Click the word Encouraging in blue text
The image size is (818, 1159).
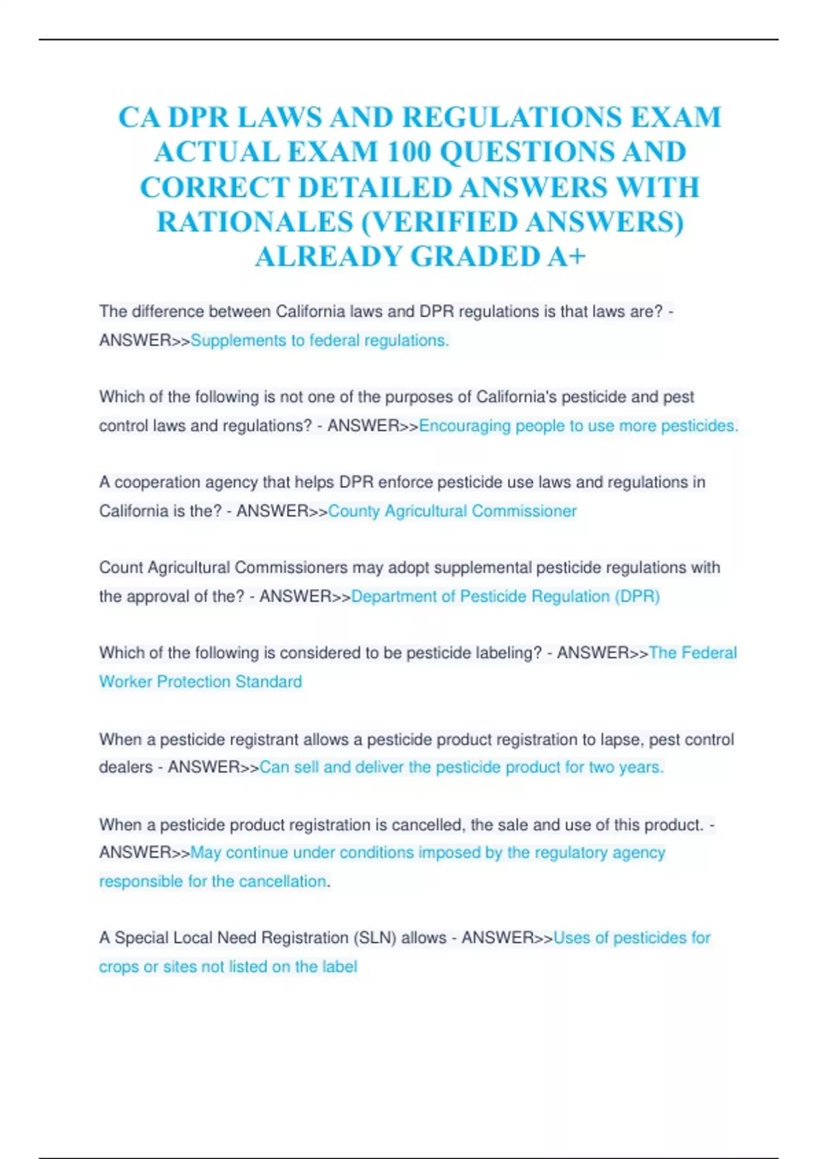pos(464,425)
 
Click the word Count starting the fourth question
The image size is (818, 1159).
pos(121,567)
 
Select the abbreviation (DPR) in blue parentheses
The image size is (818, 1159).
pos(637,596)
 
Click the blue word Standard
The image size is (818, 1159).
pos(269,681)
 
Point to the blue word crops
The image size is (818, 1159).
pos(119,967)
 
